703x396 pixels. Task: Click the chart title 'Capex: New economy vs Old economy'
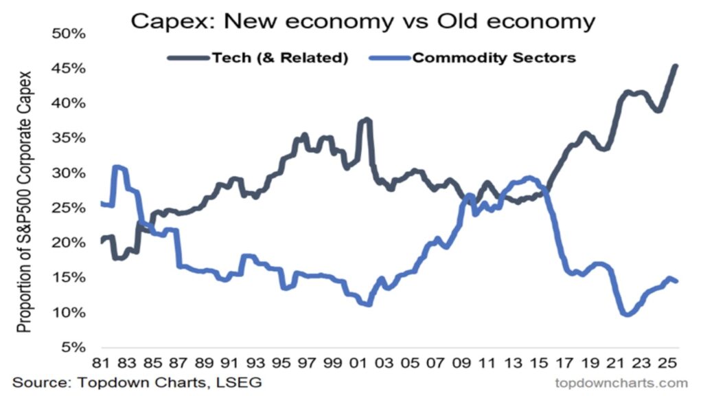click(x=362, y=21)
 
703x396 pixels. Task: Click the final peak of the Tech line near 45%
click(x=676, y=66)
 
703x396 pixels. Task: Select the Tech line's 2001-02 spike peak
click(x=367, y=120)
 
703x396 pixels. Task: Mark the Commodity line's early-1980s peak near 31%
click(x=117, y=167)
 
